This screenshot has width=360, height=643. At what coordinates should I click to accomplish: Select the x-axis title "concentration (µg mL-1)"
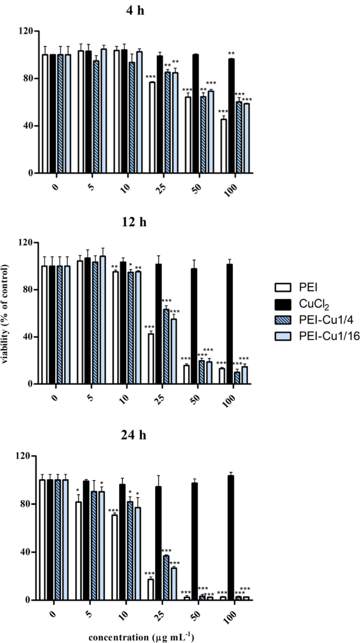click(x=142, y=637)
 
